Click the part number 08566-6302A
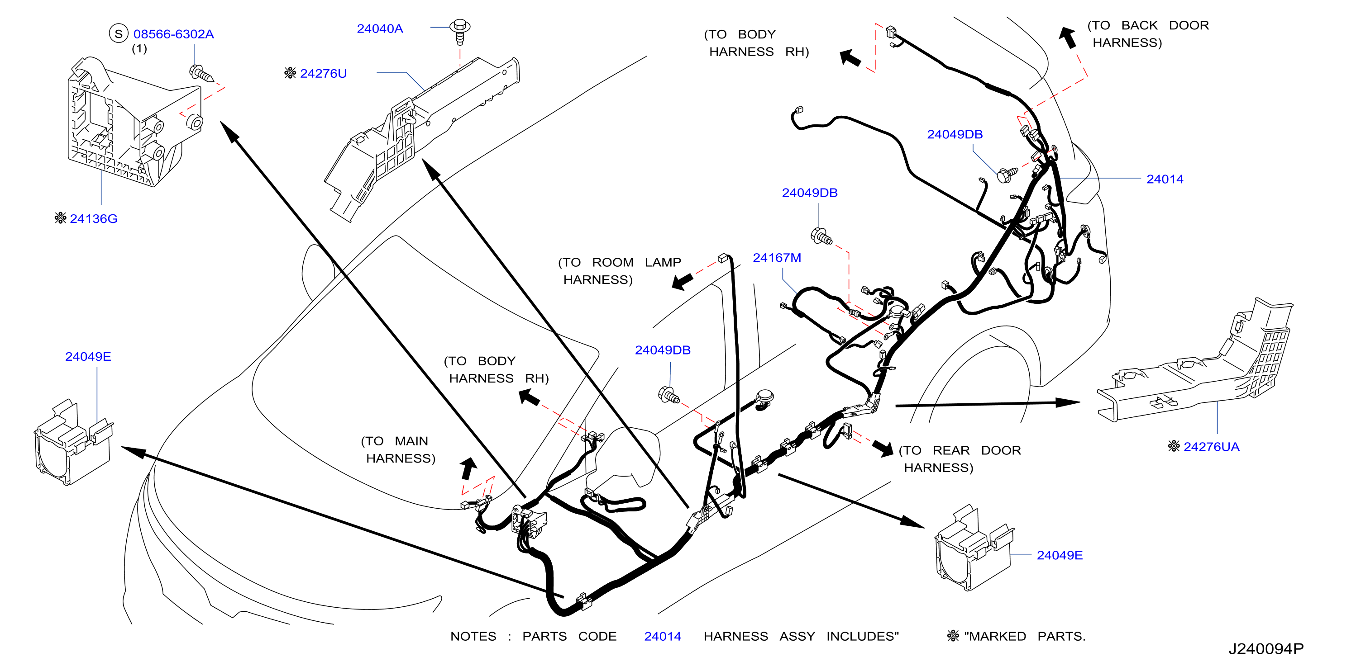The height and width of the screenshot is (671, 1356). coord(174,34)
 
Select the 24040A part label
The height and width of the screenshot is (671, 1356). coord(380,28)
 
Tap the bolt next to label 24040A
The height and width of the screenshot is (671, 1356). coord(460,31)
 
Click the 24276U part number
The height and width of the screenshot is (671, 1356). coord(323,73)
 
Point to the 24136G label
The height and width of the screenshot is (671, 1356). coord(94,218)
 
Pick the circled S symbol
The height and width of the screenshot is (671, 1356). coord(119,33)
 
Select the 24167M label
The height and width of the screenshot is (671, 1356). coord(777,257)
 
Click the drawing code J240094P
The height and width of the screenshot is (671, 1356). coord(1266,648)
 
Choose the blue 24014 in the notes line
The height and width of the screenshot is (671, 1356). coord(663,636)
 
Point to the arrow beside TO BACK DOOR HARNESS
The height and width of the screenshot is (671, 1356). coord(1068,38)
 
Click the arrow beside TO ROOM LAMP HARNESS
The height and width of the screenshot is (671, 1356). coord(683,281)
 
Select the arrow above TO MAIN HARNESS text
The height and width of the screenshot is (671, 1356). coord(468,468)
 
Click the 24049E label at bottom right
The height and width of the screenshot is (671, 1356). coord(1060,555)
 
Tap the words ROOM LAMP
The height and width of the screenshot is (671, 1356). coord(636,262)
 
